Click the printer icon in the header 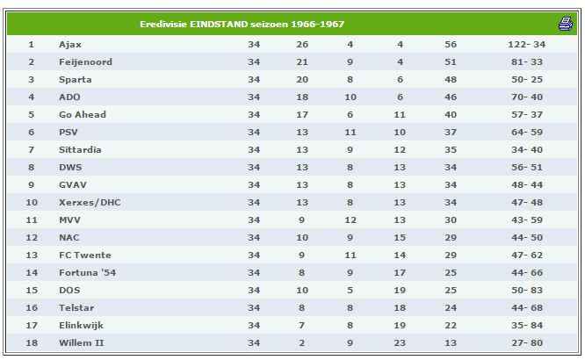(x=565, y=24)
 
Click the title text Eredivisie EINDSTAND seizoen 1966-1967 (x=230, y=24)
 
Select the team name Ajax (x=70, y=44)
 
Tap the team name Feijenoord (x=85, y=61)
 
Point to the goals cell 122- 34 (x=525, y=44)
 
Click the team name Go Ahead (x=83, y=114)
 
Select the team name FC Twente (x=85, y=255)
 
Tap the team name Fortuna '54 (x=88, y=272)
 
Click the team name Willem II (x=82, y=342)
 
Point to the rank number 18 (x=31, y=342)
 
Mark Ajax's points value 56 (x=451, y=44)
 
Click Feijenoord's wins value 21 (x=302, y=61)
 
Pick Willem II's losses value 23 (x=400, y=342)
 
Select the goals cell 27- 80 (x=527, y=342)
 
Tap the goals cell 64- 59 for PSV (x=527, y=132)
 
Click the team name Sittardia (x=80, y=149)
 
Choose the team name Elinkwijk (x=82, y=325)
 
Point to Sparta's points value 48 (x=451, y=79)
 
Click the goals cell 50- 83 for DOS (x=527, y=290)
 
